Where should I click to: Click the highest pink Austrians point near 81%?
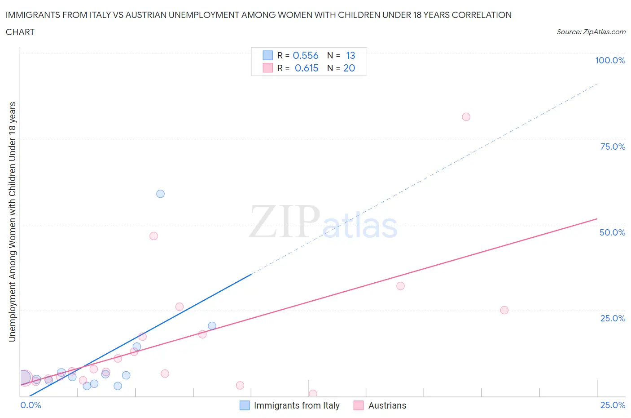(466, 117)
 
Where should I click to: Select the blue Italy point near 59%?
(160, 194)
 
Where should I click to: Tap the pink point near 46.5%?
(153, 236)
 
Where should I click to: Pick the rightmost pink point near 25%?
(504, 310)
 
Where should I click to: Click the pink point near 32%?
(400, 286)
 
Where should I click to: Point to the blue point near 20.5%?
(212, 326)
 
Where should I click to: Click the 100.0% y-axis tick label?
(610, 60)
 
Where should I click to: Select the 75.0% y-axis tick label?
(613, 147)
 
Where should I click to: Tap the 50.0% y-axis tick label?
(612, 232)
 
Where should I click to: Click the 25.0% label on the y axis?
(613, 318)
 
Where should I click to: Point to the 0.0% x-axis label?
(31, 405)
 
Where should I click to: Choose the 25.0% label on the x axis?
(613, 405)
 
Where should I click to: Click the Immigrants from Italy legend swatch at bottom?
(245, 405)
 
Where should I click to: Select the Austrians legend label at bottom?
(387, 405)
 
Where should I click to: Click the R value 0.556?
(305, 55)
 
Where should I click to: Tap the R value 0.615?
(306, 68)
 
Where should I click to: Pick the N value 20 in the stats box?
(349, 68)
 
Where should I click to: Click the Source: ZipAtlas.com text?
(591, 32)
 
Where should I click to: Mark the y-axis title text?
(12, 222)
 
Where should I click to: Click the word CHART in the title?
(20, 32)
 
